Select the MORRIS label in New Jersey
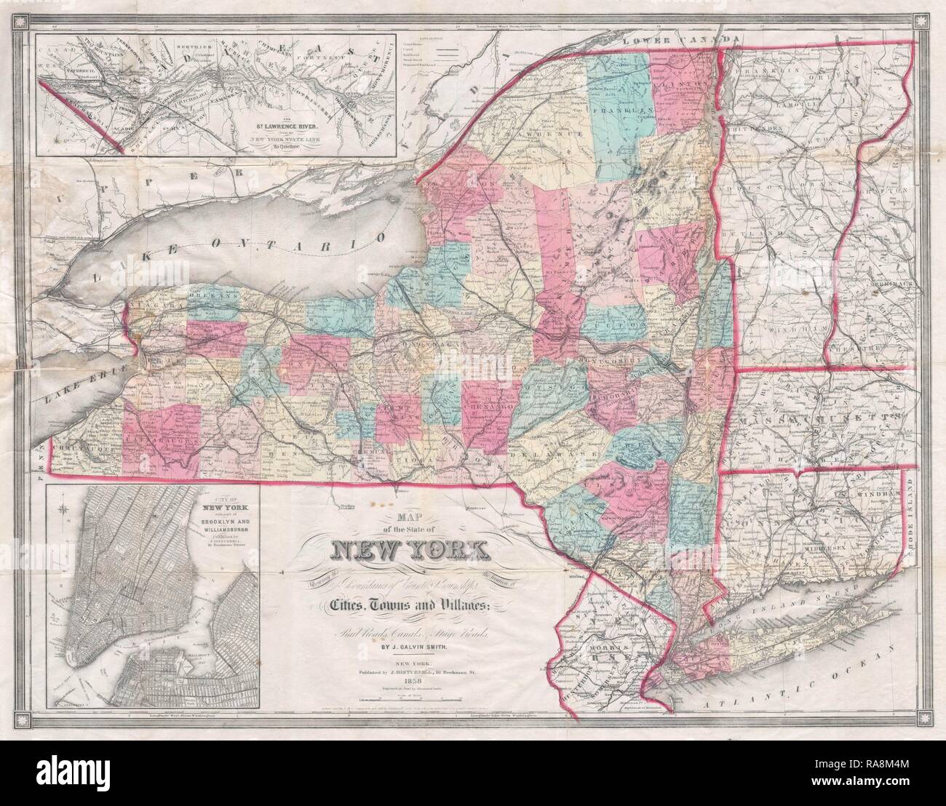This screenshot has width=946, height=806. tap(604, 647)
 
